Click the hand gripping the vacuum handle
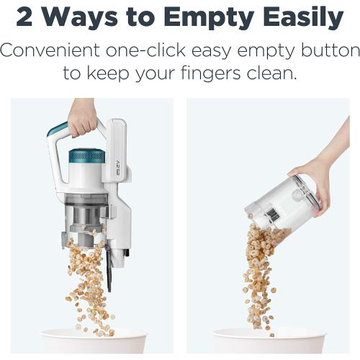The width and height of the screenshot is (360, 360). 82,115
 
